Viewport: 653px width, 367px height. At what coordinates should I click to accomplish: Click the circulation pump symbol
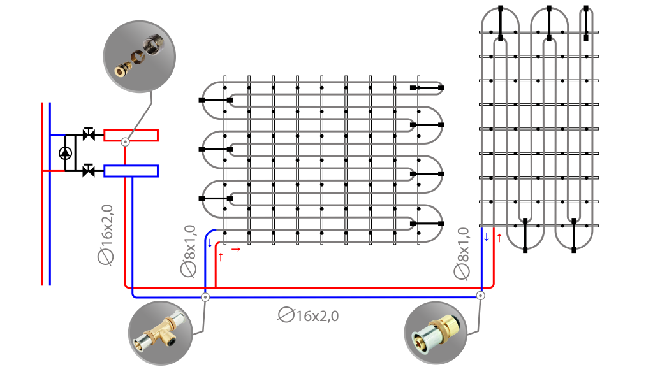[66, 153]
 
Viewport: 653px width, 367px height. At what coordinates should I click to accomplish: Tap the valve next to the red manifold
[88, 134]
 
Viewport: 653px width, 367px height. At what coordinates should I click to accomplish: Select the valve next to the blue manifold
[88, 170]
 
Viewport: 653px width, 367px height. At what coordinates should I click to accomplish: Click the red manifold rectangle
[131, 135]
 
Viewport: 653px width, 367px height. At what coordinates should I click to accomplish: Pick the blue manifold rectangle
[131, 171]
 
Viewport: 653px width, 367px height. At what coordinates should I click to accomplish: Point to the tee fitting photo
[160, 333]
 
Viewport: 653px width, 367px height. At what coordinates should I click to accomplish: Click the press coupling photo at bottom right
[436, 333]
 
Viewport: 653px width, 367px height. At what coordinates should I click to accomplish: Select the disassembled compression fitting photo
[140, 57]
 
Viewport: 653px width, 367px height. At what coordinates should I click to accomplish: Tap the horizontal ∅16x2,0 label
[308, 315]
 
